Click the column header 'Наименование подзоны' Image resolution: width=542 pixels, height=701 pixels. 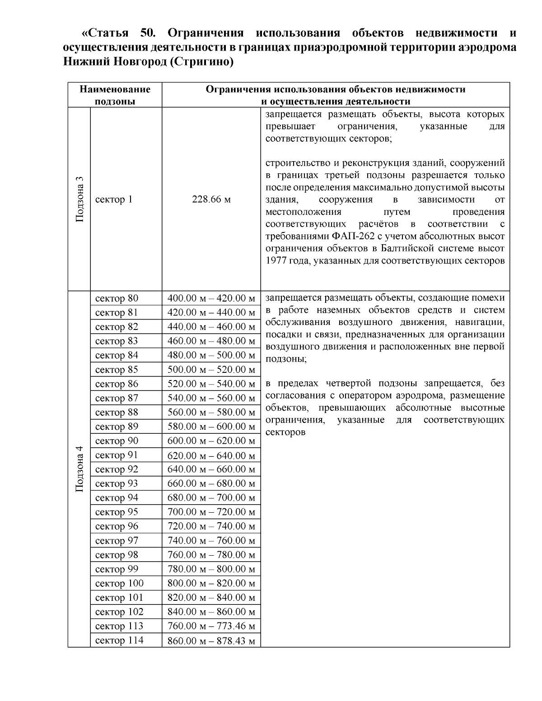pos(115,95)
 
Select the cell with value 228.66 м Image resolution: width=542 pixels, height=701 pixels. pos(211,200)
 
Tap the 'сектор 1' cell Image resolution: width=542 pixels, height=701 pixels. pos(114,200)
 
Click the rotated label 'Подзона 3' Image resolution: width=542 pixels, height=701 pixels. pos(79,199)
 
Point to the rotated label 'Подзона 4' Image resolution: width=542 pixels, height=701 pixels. pos(79,469)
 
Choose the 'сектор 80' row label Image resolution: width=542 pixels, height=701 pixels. pos(117,298)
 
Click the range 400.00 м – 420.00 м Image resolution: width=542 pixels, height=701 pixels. pos(211,298)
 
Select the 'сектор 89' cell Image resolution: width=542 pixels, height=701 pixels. pos(117,427)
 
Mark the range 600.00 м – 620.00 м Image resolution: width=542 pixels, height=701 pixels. pos(211,441)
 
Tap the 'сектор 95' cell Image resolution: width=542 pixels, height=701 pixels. pos(117,512)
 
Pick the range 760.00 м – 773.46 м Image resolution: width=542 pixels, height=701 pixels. pos(211,626)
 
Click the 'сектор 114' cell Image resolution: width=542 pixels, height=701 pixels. pos(119,641)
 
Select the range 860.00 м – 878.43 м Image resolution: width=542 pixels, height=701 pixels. pos(211,641)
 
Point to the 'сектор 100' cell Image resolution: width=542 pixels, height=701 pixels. pos(119,583)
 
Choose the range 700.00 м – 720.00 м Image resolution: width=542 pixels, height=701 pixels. pos(211,512)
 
